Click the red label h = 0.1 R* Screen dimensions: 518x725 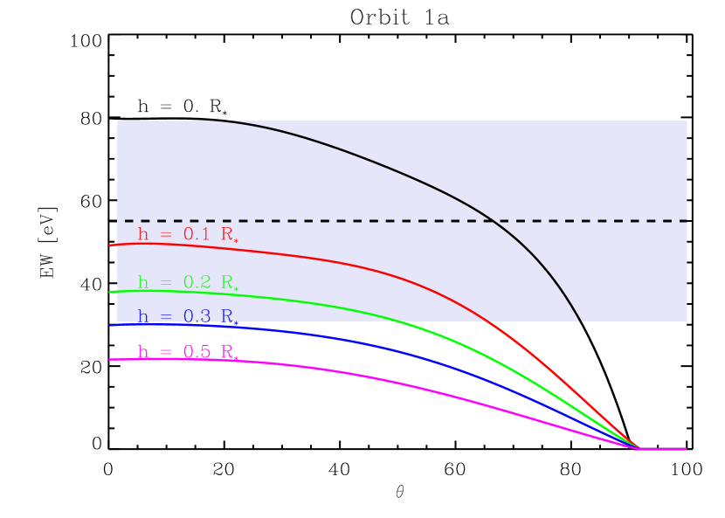tap(188, 235)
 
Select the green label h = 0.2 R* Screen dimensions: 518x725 tap(188, 283)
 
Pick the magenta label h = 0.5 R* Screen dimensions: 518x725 tap(188, 352)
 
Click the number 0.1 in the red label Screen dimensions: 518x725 tap(197, 234)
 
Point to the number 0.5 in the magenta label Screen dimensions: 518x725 tap(197, 351)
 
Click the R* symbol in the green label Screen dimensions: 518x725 tap(229, 283)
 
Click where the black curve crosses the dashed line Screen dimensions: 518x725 tap(494, 220)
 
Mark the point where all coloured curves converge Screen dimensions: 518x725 tap(640, 448)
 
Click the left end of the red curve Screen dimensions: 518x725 tap(110, 246)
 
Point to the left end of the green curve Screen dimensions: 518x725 tap(110, 292)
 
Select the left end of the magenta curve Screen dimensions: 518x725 tap(110, 359)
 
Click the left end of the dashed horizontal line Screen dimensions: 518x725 tap(127, 220)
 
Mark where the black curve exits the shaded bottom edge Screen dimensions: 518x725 tap(581, 321)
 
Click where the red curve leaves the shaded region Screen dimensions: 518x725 tap(486, 321)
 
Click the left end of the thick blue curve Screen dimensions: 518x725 tap(110, 325)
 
